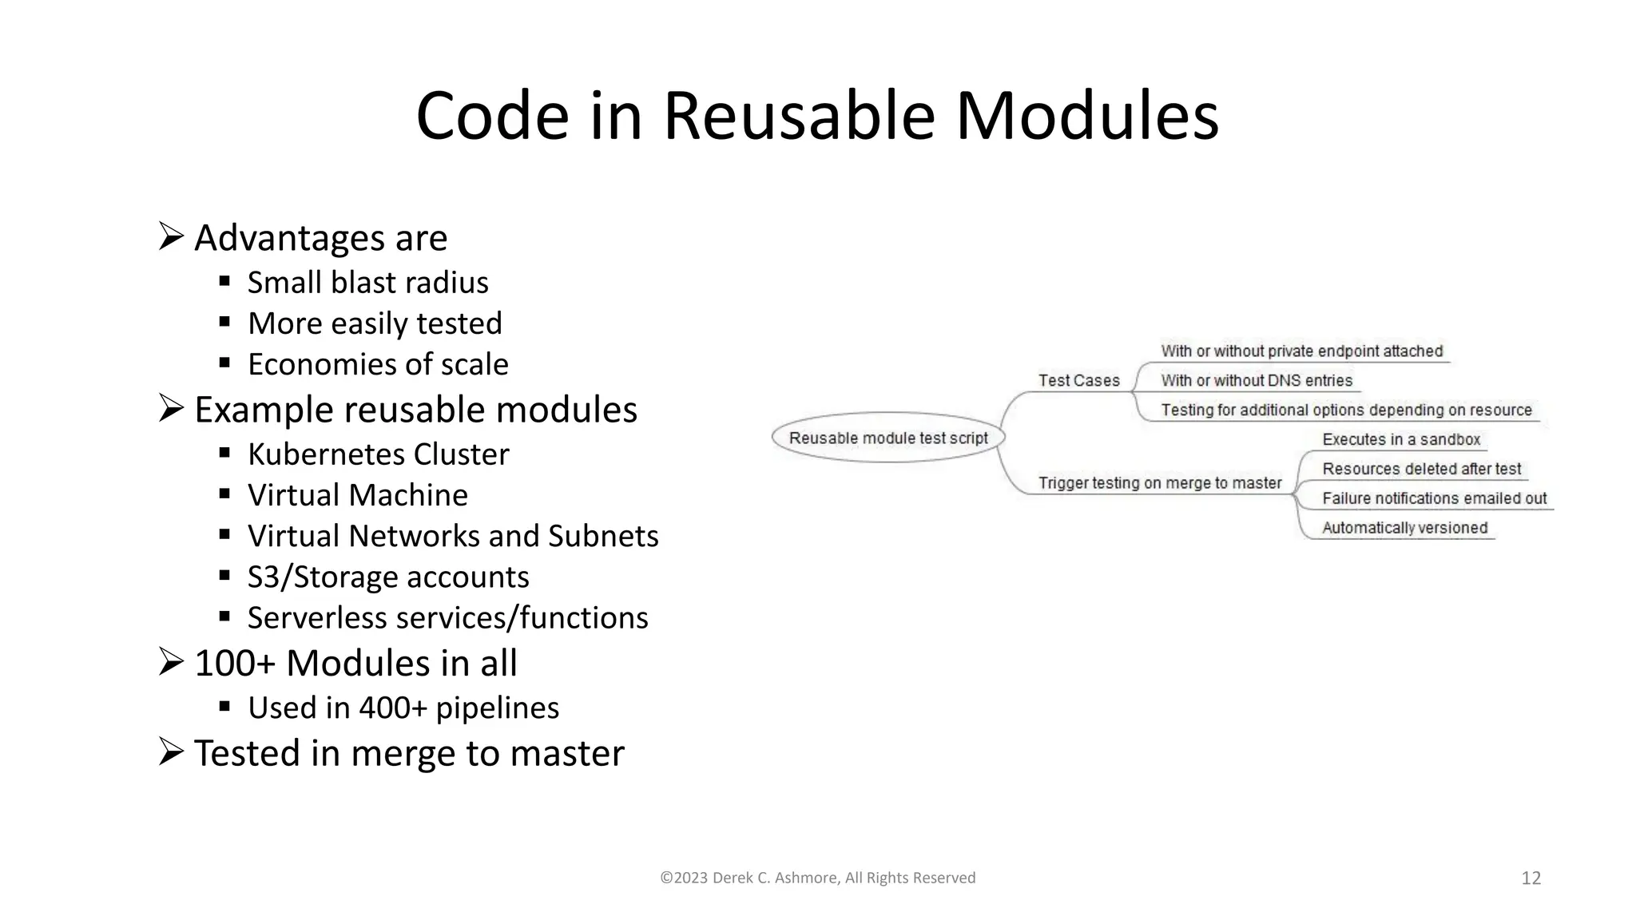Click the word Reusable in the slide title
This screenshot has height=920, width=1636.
799,117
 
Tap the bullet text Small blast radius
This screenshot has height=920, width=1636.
367,283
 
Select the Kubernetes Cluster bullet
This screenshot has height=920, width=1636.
378,454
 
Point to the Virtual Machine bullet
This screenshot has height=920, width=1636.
357,495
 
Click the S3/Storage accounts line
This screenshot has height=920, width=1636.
387,577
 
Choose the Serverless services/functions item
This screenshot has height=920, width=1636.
447,618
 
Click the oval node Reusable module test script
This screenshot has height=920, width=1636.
888,438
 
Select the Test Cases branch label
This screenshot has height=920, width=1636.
1078,381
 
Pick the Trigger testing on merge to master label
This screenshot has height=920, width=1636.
1159,483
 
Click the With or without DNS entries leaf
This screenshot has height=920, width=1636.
1256,381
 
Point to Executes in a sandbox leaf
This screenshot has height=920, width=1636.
1400,440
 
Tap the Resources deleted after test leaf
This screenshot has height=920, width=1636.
1421,470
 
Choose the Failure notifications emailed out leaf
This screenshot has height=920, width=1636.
1434,499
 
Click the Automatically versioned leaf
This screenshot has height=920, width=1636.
1404,528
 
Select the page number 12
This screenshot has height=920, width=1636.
1531,878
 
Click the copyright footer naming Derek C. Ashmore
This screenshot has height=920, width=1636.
817,878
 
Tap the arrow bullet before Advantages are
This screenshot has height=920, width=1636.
171,237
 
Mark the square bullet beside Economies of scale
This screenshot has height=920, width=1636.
224,363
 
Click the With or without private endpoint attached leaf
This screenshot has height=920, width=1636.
1301,351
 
